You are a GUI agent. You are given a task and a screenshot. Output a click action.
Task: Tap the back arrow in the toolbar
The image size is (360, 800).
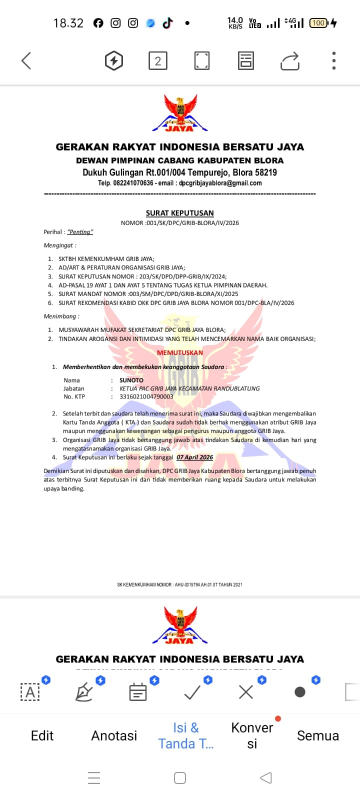pos(26,61)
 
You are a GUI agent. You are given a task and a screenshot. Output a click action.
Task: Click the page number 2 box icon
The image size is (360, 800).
pos(157,61)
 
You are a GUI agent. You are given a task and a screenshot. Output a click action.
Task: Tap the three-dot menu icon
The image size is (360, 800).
pos(333,61)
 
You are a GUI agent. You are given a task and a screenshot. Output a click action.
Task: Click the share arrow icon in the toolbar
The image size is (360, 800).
pos(289,61)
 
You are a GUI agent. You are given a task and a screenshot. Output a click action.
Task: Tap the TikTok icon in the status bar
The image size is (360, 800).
pos(167,23)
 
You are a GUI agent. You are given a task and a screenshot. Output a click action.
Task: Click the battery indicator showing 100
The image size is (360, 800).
pos(318,23)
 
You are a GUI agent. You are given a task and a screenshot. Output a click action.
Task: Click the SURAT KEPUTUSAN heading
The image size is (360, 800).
pos(179,213)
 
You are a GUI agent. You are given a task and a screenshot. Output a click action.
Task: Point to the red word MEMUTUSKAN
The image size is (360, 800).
pos(180,352)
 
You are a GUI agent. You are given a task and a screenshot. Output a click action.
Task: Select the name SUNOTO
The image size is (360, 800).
pos(131,380)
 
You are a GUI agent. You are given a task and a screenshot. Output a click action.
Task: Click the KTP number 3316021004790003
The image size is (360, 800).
pos(146,396)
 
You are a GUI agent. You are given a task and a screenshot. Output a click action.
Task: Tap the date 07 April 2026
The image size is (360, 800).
pos(194,457)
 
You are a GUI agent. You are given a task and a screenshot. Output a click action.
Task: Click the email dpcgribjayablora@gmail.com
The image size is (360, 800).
pos(220,183)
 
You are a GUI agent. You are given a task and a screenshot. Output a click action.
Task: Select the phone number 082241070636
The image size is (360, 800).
pos(133,183)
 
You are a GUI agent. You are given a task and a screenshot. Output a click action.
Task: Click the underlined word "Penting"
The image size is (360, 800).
pos(80,232)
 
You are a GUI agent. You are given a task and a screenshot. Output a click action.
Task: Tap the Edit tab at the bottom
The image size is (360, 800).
pos(42,735)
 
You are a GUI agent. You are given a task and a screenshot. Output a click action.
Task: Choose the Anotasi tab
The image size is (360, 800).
pos(114,735)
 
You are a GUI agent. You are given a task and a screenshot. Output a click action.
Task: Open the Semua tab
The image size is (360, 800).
pos(317,735)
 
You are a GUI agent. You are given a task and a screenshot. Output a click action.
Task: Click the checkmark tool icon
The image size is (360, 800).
pos(192,692)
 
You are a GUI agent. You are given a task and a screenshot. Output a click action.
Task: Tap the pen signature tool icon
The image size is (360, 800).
pos(84,692)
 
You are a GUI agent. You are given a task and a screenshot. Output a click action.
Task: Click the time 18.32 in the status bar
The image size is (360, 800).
pos(68,23)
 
